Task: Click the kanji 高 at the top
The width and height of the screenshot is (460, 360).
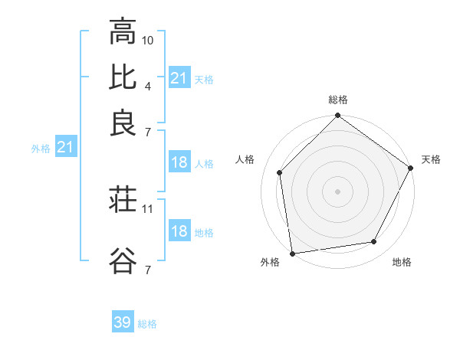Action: coord(123,32)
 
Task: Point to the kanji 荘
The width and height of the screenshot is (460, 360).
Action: coord(123,201)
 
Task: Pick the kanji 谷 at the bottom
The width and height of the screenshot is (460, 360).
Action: coord(123,260)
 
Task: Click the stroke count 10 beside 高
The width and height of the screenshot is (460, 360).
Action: coord(149,40)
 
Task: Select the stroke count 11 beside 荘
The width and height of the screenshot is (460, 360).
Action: coord(149,208)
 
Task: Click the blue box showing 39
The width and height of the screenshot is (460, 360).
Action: coord(123,322)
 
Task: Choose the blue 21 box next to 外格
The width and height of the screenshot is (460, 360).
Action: coord(65,148)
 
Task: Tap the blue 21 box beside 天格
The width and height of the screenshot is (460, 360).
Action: coord(179,78)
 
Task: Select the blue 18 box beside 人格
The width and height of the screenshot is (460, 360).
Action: coord(179,162)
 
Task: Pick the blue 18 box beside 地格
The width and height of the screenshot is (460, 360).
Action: coord(179,231)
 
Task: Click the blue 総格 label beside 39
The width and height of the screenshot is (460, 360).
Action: coord(148,324)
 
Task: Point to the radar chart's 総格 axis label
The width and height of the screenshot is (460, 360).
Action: coord(338,100)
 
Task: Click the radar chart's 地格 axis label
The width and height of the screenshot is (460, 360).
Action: coord(402,263)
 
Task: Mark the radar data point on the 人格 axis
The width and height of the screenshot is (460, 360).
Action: coord(280,172)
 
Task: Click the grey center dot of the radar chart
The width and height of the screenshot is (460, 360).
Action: coord(338,191)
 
